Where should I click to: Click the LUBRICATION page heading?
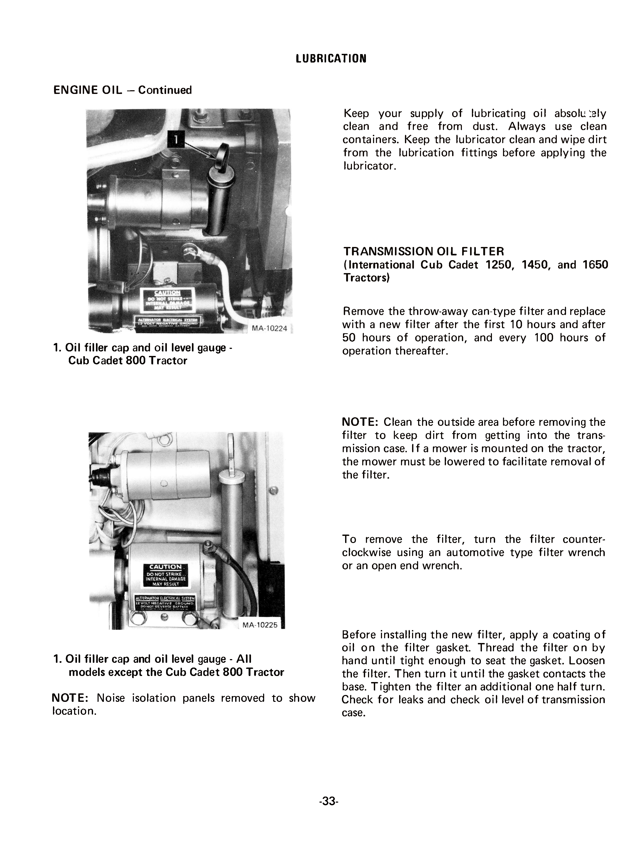tap(331, 58)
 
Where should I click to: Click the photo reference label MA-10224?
tap(269, 328)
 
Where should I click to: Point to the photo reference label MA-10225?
tap(260, 625)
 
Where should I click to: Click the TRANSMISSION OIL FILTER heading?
tap(424, 251)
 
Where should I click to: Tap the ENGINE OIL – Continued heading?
tap(123, 90)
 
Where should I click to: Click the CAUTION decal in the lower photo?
tap(165, 575)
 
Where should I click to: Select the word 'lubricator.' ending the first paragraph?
tap(369, 166)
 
